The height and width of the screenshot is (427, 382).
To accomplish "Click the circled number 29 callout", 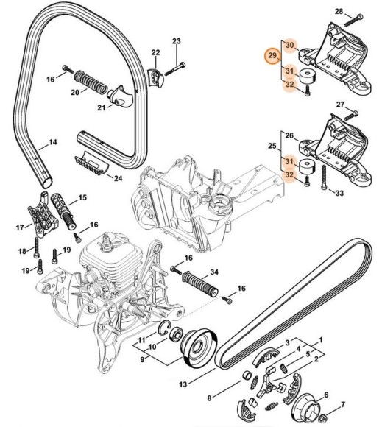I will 272,57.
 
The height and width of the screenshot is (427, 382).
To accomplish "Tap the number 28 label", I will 318,11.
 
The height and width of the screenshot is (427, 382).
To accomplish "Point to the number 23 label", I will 176,40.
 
